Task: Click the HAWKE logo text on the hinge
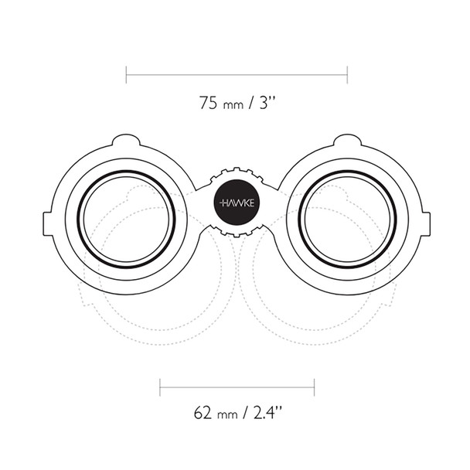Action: coord(237,202)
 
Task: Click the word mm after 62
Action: coord(228,413)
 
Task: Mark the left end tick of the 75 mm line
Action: coord(126,74)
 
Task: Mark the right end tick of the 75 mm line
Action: coord(347,74)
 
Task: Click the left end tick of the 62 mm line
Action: coord(160,386)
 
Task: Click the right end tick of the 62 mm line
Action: coord(314,386)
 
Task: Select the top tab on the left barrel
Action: coord(126,141)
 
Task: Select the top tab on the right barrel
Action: coord(348,141)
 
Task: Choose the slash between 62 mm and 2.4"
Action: coord(246,411)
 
